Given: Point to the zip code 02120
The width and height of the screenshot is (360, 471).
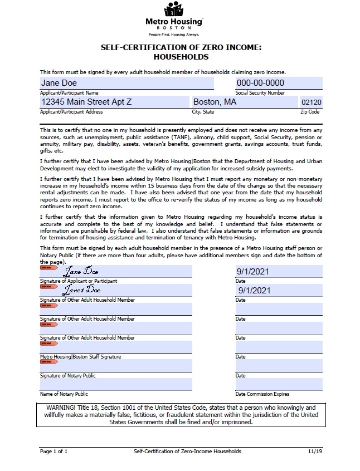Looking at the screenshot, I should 310,103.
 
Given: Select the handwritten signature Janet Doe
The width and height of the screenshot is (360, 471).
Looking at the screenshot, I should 81,291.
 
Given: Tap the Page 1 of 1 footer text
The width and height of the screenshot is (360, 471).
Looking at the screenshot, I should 53,451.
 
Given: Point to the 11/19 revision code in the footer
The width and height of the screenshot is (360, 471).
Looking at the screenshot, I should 315,451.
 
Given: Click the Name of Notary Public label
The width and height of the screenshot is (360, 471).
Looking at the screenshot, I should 64,394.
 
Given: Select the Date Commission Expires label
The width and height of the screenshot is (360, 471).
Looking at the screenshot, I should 262,394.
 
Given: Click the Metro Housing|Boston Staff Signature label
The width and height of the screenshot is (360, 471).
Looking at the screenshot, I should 80,357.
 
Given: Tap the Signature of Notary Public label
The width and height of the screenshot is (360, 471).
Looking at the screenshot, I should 67,376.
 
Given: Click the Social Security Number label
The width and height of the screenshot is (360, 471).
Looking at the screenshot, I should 260,93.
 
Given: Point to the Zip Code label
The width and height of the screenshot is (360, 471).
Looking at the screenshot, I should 310,112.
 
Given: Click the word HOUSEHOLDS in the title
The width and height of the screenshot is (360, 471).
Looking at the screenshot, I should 181,57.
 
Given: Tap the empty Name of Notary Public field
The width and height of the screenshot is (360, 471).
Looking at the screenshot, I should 116,384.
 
